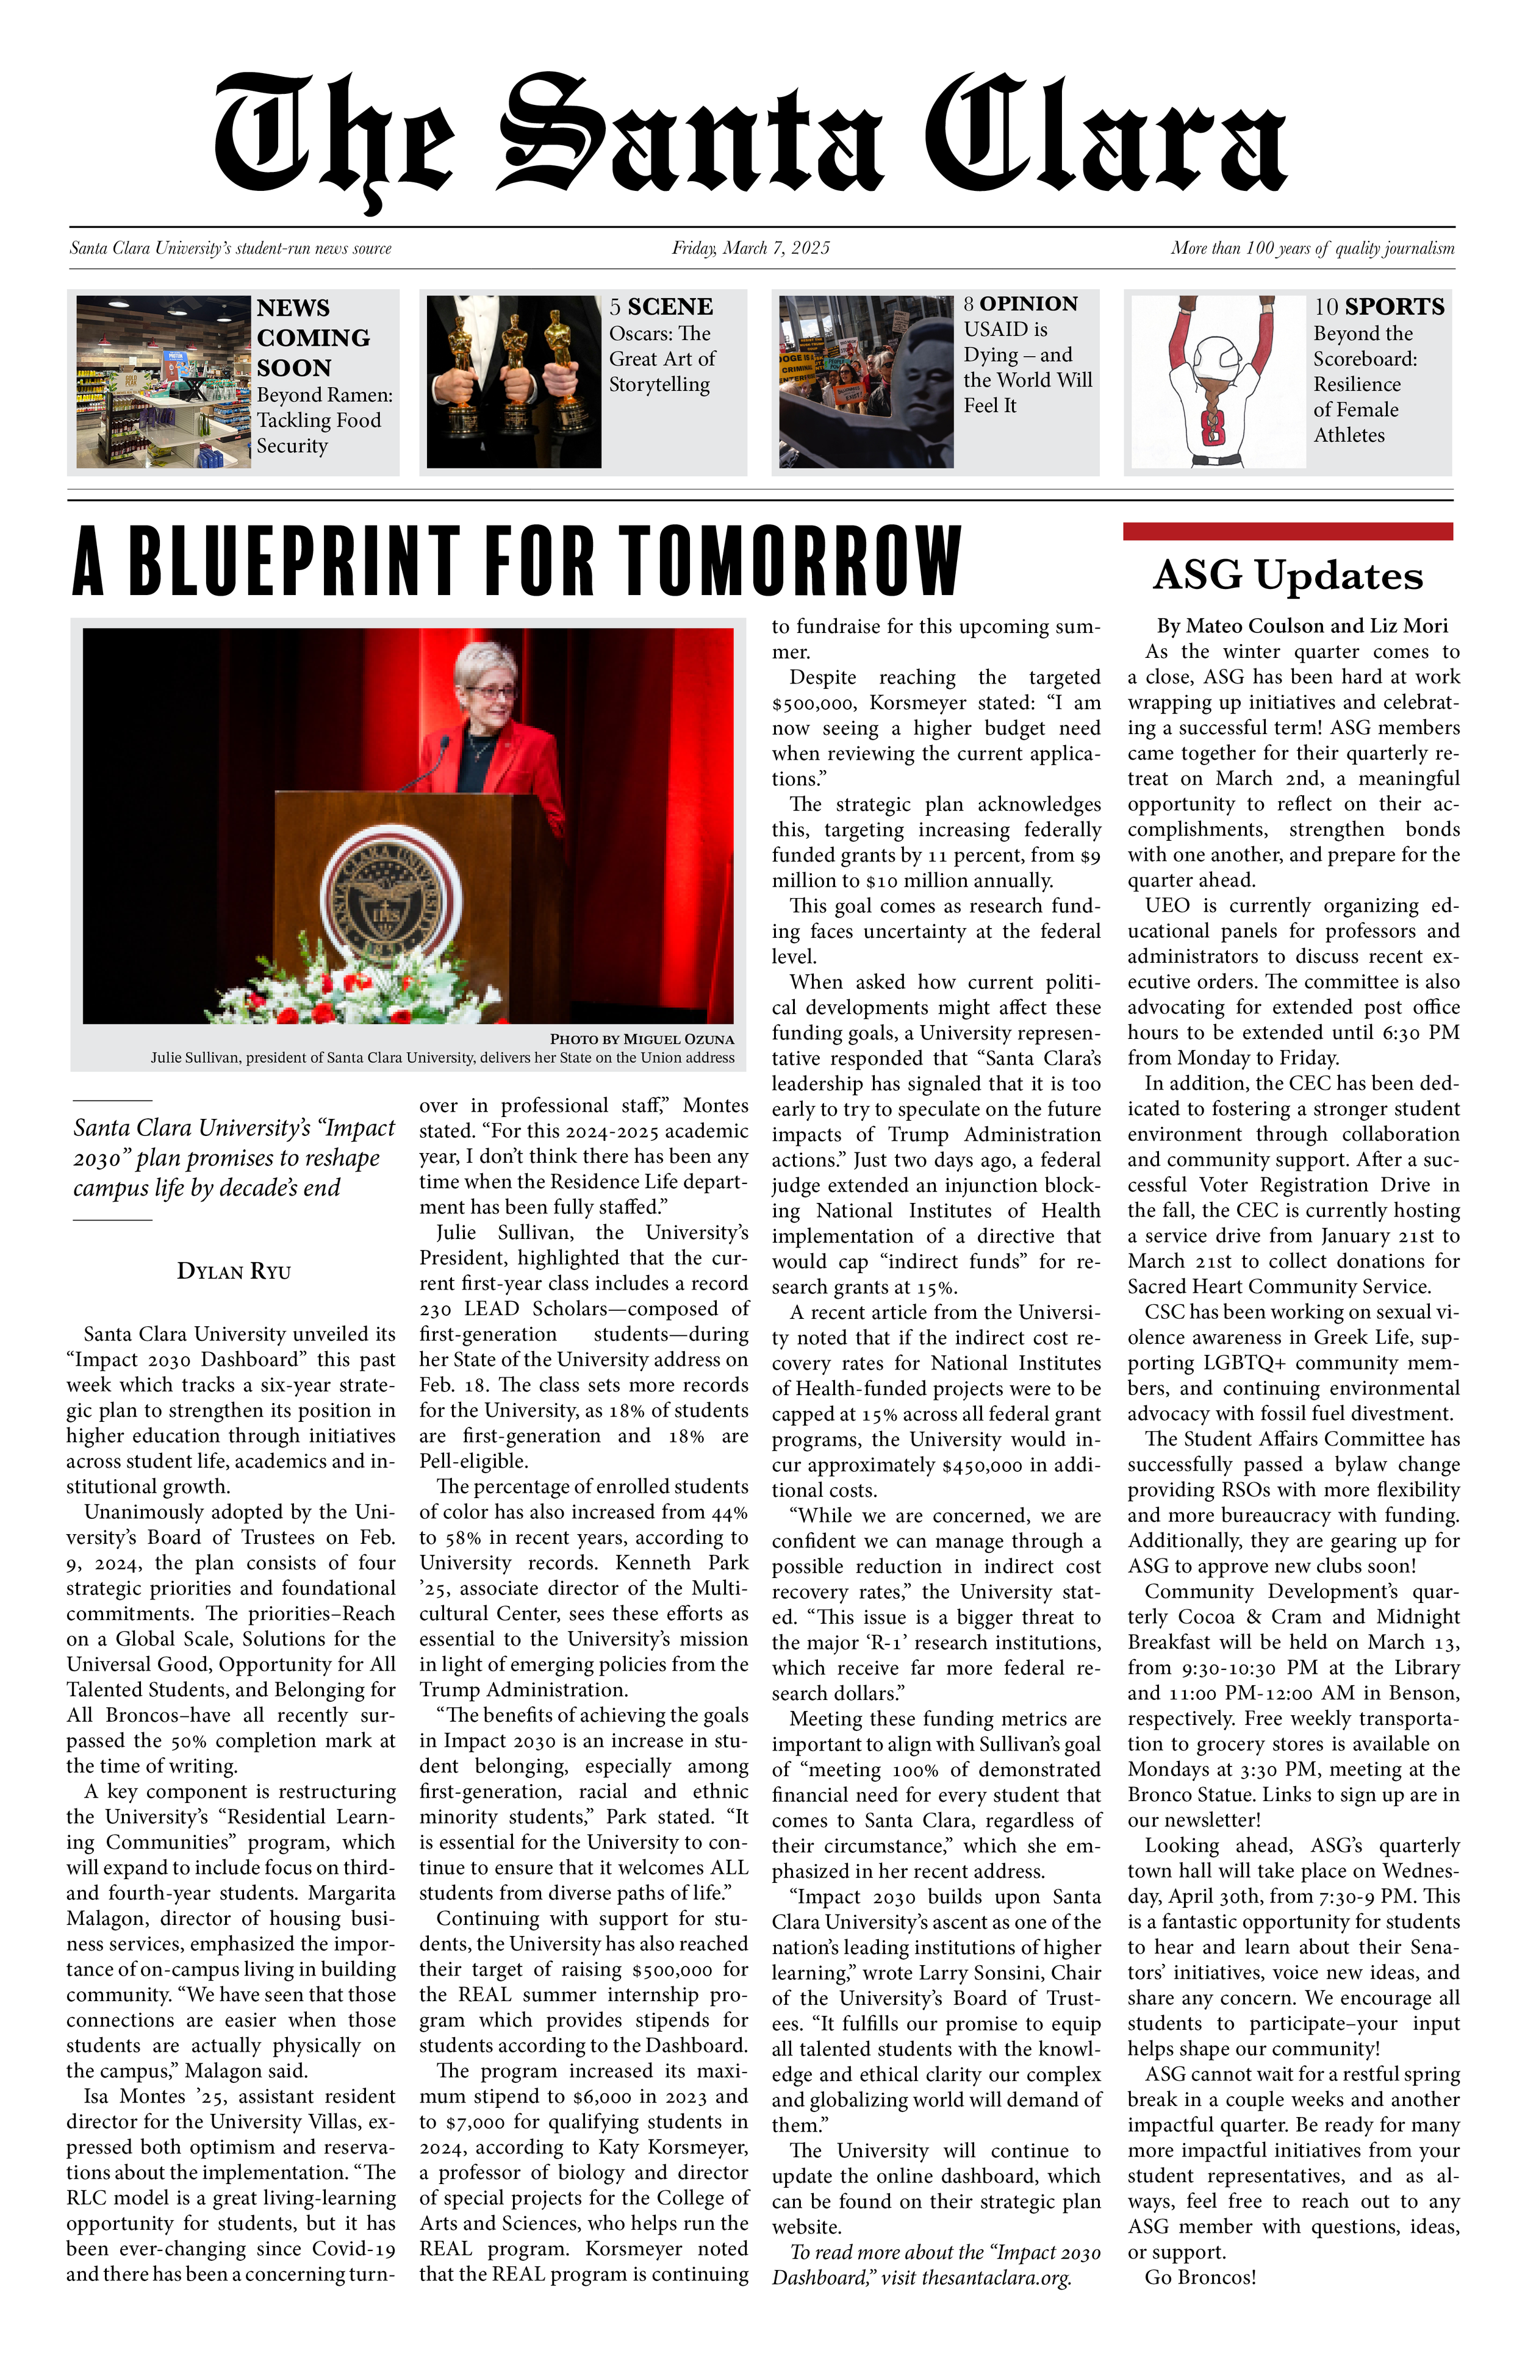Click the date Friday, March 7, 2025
(751, 249)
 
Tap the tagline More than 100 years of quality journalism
(1312, 249)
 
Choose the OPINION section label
(1029, 304)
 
